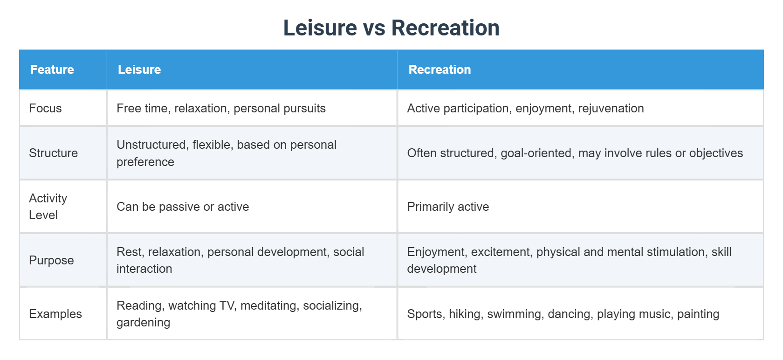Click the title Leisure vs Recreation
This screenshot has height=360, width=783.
(391, 28)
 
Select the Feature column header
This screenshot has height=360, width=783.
(52, 69)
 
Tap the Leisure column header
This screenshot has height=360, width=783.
(139, 69)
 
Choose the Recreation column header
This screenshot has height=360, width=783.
(440, 69)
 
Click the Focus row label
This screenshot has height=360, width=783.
(45, 108)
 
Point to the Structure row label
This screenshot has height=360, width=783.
(53, 153)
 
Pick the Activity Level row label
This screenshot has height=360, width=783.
(48, 207)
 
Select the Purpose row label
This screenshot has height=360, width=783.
(51, 260)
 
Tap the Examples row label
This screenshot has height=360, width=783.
(55, 314)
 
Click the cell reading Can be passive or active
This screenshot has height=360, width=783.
(183, 207)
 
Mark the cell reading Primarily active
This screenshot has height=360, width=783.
(448, 207)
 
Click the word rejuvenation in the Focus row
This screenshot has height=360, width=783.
(611, 109)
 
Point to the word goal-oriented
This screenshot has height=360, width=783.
(537, 153)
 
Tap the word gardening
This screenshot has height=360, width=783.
(144, 323)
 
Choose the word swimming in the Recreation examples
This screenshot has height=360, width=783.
(515, 314)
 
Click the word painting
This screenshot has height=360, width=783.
(698, 314)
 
